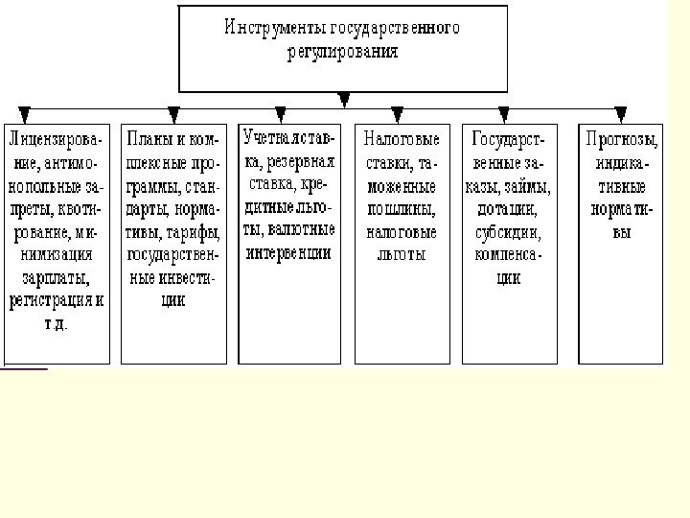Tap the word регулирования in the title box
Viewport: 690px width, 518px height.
pyautogui.click(x=342, y=52)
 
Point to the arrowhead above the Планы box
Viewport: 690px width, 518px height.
pyautogui.click(x=173, y=114)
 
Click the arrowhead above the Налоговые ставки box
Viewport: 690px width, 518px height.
pyautogui.click(x=397, y=114)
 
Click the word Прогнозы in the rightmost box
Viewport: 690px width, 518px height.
pyautogui.click(x=622, y=140)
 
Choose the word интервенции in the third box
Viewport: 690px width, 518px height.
pyautogui.click(x=288, y=253)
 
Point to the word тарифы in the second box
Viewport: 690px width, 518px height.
pyautogui.click(x=196, y=232)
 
